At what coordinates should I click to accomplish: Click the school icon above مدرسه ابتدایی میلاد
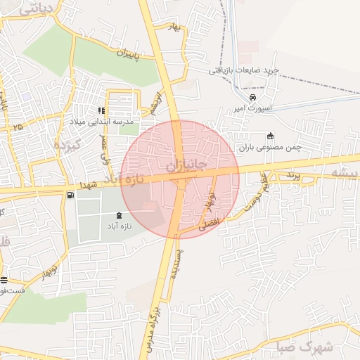click(x=102, y=110)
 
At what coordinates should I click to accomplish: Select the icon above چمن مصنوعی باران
click(x=270, y=136)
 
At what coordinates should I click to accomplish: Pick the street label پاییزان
click(x=124, y=53)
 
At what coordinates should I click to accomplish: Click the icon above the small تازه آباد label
click(x=118, y=214)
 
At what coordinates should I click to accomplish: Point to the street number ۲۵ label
click(x=18, y=127)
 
